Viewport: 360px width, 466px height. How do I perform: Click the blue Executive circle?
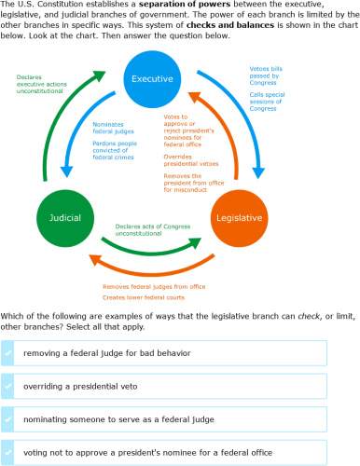pos(153,78)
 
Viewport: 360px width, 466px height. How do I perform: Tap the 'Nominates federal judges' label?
pos(114,129)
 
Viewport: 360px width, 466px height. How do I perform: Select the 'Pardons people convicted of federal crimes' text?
pos(118,151)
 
